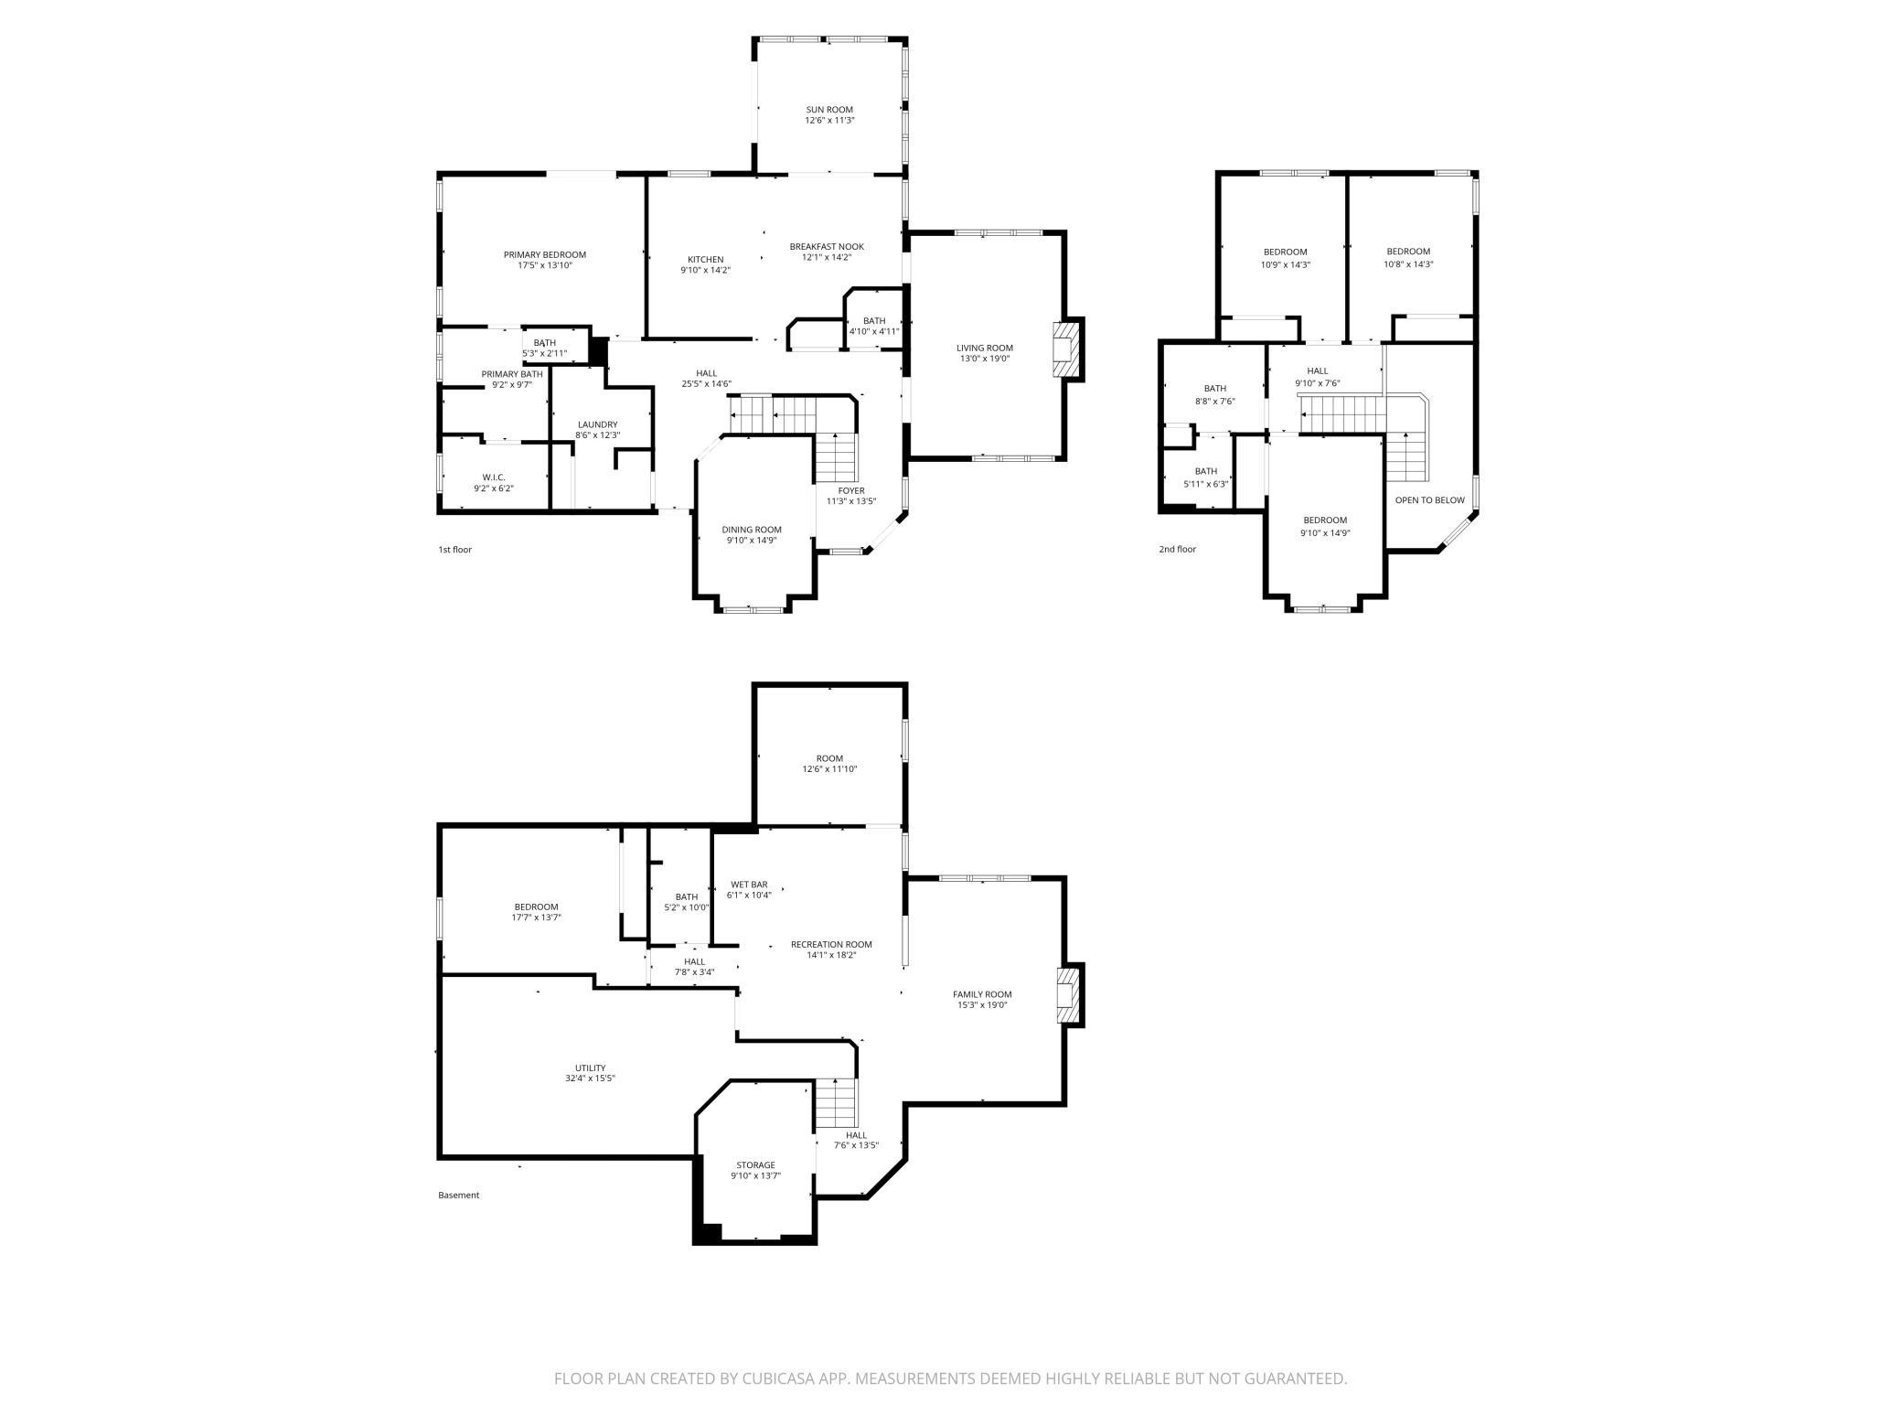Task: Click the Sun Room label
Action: point(829,110)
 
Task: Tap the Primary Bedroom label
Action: point(545,255)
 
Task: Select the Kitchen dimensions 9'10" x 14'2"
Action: point(705,271)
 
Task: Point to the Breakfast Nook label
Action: point(827,247)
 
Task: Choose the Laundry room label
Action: point(597,424)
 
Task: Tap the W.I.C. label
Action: point(494,477)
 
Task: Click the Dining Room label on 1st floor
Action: point(752,530)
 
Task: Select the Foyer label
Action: point(851,491)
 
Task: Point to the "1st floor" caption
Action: point(454,550)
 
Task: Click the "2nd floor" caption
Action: point(1177,550)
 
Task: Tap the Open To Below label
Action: point(1429,500)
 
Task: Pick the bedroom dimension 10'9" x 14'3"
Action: point(1285,265)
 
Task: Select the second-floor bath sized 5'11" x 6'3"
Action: point(1205,477)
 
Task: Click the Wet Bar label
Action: point(749,885)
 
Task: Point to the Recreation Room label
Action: point(831,944)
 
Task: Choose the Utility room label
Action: point(590,1068)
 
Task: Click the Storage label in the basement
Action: point(755,1165)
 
